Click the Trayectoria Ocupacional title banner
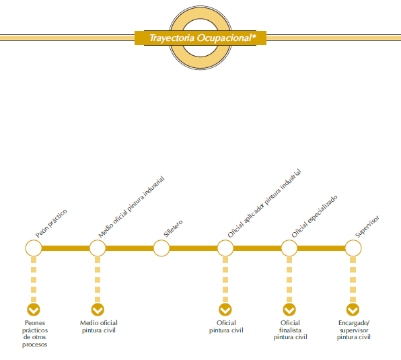coord(200,38)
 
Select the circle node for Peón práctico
coord(34,248)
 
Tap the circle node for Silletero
coord(161,248)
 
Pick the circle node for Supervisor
coord(353,248)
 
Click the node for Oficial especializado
coord(289,248)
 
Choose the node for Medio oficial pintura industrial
coord(98,248)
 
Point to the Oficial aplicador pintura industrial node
coord(225,248)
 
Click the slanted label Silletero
coord(173,228)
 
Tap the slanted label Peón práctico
coord(51,223)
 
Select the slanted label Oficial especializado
coord(315,216)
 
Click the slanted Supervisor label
coord(367,227)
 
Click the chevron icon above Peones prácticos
coord(34,310)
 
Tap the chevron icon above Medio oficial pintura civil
coord(98,310)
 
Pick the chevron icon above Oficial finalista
coord(289,310)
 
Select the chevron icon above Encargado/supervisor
coord(353,310)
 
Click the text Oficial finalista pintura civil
coord(290,330)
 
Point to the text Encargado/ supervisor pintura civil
coord(354,330)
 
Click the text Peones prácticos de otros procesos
coord(35,334)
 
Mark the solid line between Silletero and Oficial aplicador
coord(193,248)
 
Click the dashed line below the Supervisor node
coord(353,280)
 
